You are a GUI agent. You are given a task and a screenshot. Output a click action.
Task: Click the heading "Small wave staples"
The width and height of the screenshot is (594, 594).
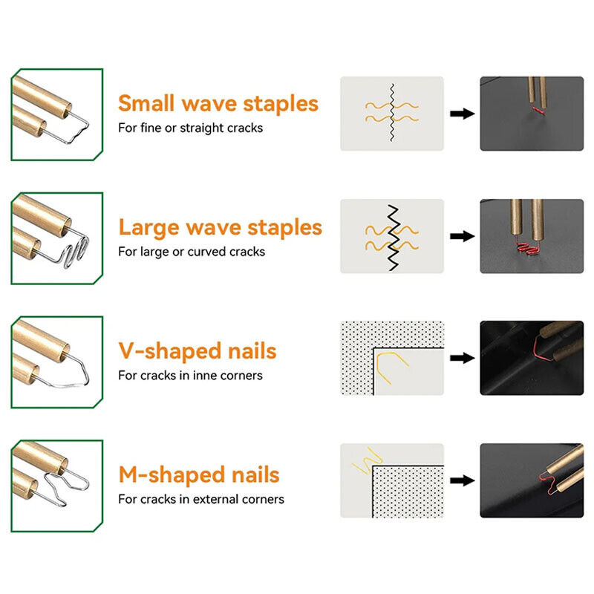218,103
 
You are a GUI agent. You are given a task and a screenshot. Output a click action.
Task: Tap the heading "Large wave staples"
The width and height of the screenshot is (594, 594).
221,227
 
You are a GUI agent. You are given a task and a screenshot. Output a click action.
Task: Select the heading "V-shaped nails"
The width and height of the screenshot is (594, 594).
197,350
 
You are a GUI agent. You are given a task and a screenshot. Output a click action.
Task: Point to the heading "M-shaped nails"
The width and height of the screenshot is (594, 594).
198,474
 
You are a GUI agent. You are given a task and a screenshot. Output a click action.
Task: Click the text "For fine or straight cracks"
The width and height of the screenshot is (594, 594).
190,128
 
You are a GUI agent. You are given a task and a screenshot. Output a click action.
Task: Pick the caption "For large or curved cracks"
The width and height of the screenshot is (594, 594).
192,252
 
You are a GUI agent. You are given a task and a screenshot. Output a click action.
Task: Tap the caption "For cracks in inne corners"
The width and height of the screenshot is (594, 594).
190,375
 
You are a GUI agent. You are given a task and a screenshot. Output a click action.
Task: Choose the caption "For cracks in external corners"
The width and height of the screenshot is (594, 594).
200,499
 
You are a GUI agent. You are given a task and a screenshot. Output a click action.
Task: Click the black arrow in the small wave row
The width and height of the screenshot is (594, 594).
462,114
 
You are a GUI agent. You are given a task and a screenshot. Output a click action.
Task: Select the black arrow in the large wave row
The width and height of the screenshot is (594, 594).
462,236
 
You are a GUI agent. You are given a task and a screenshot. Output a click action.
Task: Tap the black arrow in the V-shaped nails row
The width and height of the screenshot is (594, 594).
462,358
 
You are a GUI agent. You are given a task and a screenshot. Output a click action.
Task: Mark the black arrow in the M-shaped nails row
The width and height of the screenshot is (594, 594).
462,480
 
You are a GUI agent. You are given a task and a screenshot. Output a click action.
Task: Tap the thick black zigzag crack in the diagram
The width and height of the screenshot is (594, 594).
392,236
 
